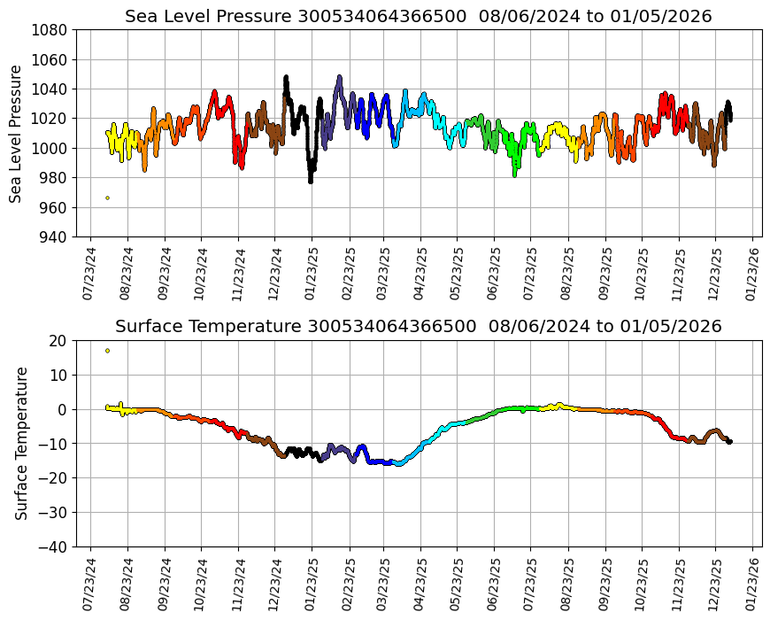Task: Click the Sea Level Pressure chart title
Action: click(x=418, y=17)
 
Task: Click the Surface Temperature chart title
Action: click(x=418, y=327)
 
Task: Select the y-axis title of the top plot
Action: click(x=17, y=133)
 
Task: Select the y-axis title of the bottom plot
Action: click(x=22, y=443)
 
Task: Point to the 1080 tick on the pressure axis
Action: click(x=50, y=29)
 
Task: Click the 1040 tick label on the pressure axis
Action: click(x=50, y=89)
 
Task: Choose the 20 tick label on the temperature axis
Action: click(x=59, y=340)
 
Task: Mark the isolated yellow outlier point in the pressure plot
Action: click(x=108, y=198)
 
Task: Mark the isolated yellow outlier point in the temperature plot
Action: click(x=108, y=351)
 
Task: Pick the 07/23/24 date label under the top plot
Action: click(x=89, y=275)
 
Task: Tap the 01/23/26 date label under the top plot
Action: click(x=752, y=275)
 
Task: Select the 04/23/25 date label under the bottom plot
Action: click(x=421, y=585)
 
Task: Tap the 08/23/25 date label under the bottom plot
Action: click(x=568, y=585)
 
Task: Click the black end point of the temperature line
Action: click(x=729, y=441)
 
